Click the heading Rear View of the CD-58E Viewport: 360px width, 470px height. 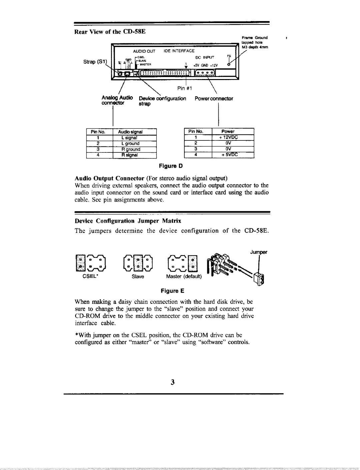pyautogui.click(x=110, y=32)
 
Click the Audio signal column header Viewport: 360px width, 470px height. pyautogui.click(x=132, y=132)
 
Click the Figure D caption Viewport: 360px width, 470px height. pyautogui.click(x=171, y=166)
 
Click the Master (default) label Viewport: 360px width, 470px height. pyautogui.click(x=184, y=277)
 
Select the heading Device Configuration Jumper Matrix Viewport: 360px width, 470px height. pyautogui.click(x=128, y=221)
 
